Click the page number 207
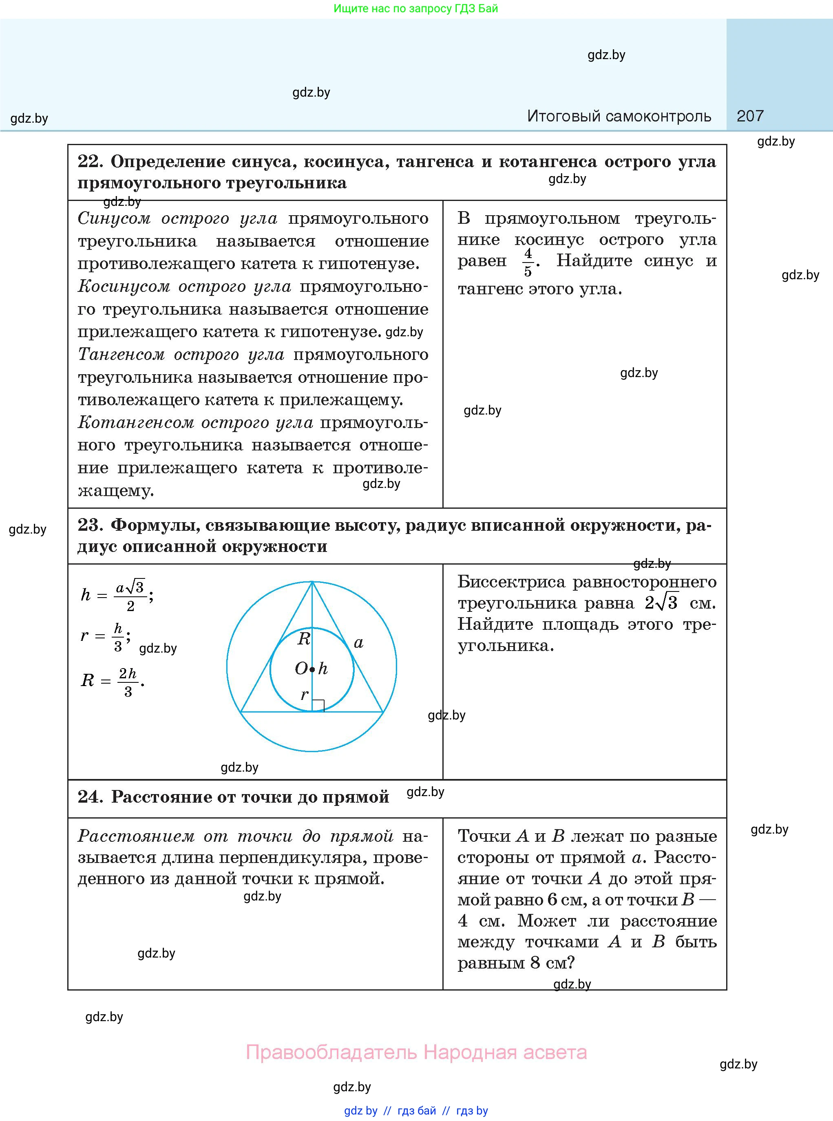pos(750,116)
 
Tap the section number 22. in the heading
pos(90,161)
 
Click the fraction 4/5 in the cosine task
pos(528,262)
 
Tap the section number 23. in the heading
pos(90,525)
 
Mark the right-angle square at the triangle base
pos(318,706)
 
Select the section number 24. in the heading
pos(90,797)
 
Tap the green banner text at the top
pos(415,9)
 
